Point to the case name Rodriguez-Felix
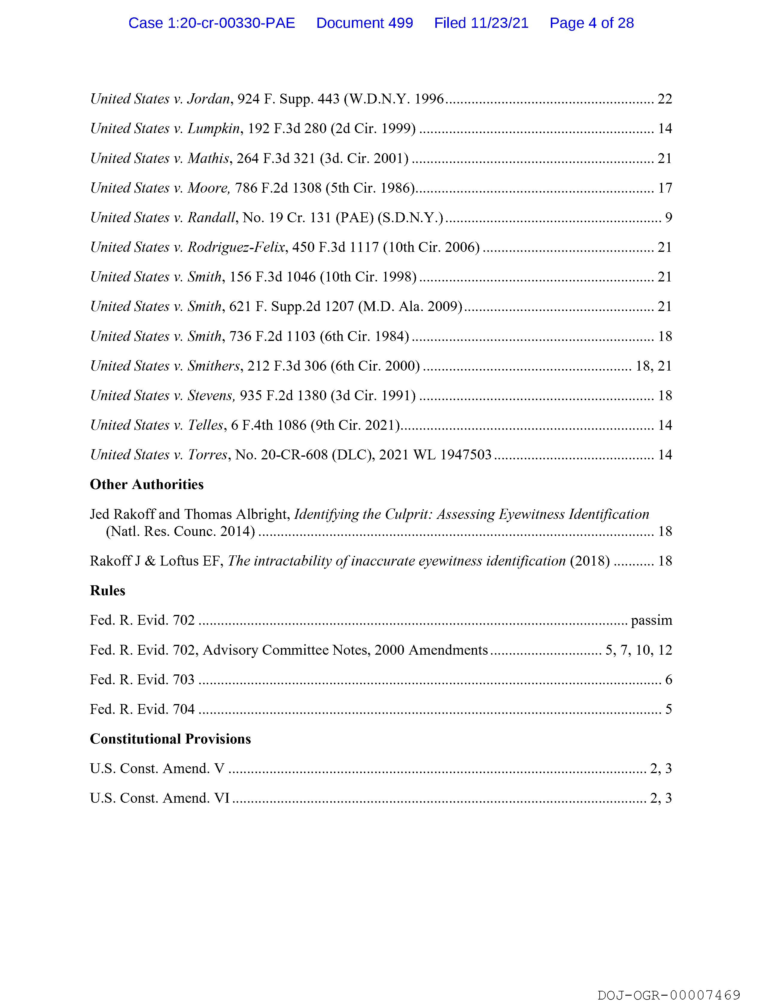pos(236,247)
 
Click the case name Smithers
pos(213,366)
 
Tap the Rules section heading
pos(108,590)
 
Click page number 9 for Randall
pos(668,218)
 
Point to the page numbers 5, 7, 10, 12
pos(639,650)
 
